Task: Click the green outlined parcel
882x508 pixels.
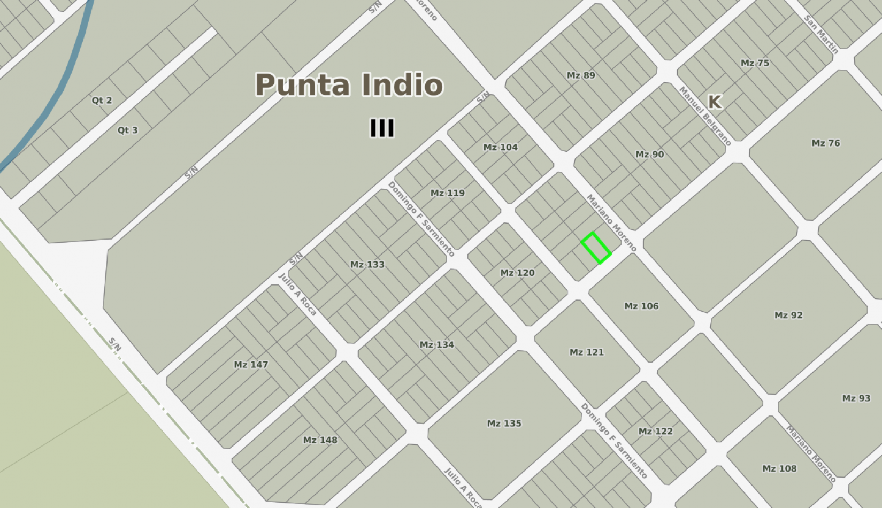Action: pyautogui.click(x=596, y=248)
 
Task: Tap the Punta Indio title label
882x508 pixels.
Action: pyautogui.click(x=349, y=85)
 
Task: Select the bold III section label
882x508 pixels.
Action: pyautogui.click(x=382, y=128)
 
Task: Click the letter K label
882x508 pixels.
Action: pyautogui.click(x=714, y=102)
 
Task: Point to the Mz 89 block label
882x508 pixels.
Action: pyautogui.click(x=581, y=75)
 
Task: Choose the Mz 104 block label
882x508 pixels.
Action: pyautogui.click(x=500, y=147)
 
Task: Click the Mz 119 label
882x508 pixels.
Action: pyautogui.click(x=447, y=193)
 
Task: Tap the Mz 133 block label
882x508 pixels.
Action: pyautogui.click(x=367, y=264)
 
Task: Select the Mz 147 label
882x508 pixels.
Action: pyautogui.click(x=250, y=365)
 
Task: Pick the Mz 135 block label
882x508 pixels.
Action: pyautogui.click(x=504, y=424)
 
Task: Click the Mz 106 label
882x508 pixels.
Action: pyautogui.click(x=641, y=306)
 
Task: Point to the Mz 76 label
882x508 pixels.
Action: pyautogui.click(x=825, y=143)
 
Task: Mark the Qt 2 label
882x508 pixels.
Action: pyautogui.click(x=102, y=100)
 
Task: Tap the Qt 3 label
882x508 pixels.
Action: pyautogui.click(x=127, y=130)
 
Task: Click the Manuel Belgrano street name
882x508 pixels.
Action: pyautogui.click(x=704, y=116)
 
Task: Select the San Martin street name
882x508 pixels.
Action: pyautogui.click(x=821, y=34)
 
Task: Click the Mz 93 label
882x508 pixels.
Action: pyautogui.click(x=856, y=398)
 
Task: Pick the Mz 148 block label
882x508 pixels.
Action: pyautogui.click(x=320, y=440)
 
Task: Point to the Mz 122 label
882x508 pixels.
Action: pyautogui.click(x=655, y=431)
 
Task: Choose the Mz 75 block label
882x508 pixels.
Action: pyautogui.click(x=755, y=63)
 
